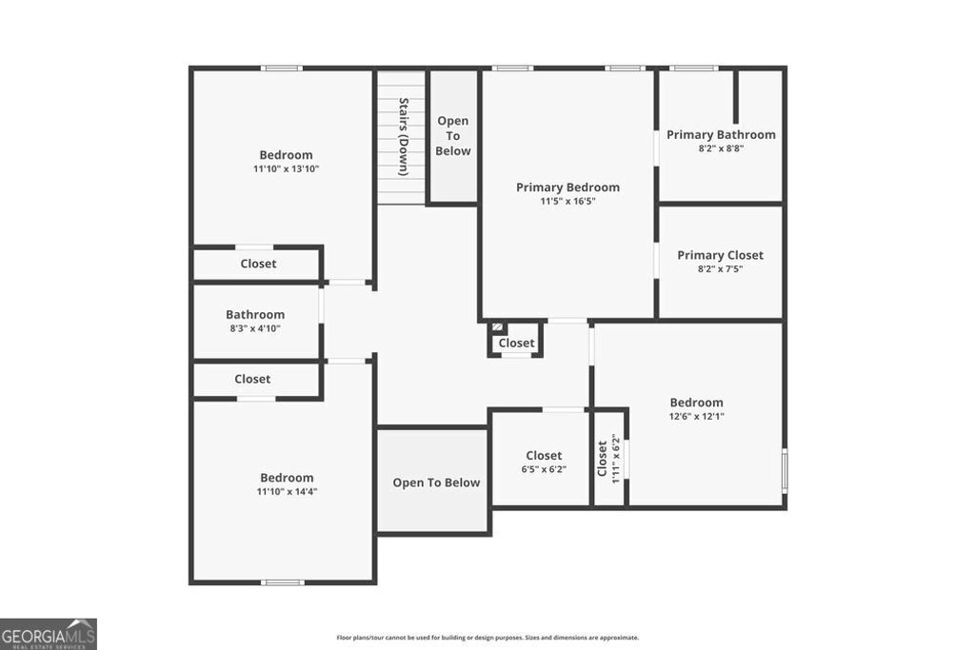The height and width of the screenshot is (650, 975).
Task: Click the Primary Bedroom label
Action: click(567, 187)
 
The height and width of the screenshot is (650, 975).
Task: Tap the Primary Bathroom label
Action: click(721, 135)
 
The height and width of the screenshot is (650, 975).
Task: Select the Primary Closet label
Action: click(720, 255)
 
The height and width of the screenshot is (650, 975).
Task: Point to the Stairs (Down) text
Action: click(404, 136)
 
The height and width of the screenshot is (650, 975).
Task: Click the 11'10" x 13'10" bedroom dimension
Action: click(286, 169)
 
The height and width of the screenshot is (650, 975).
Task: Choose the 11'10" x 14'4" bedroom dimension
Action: click(286, 492)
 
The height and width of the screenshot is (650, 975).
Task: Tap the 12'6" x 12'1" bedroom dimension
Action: click(696, 417)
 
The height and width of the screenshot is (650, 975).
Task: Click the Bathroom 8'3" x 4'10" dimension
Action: click(255, 328)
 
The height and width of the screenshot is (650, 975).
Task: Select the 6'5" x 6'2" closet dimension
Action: click(544, 469)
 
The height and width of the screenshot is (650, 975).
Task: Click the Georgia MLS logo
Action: click(48, 634)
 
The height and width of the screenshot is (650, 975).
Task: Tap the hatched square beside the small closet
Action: click(498, 326)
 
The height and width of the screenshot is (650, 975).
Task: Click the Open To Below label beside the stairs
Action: click(452, 136)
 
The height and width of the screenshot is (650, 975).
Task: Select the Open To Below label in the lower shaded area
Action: click(436, 483)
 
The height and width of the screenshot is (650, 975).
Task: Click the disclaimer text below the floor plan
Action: click(487, 638)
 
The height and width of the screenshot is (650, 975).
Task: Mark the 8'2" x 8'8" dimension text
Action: click(721, 148)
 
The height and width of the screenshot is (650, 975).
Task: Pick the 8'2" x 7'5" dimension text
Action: click(720, 269)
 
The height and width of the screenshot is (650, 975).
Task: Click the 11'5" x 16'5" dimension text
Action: click(567, 202)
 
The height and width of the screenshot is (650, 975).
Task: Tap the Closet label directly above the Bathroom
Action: click(258, 264)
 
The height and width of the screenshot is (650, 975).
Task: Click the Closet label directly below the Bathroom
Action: click(252, 379)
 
